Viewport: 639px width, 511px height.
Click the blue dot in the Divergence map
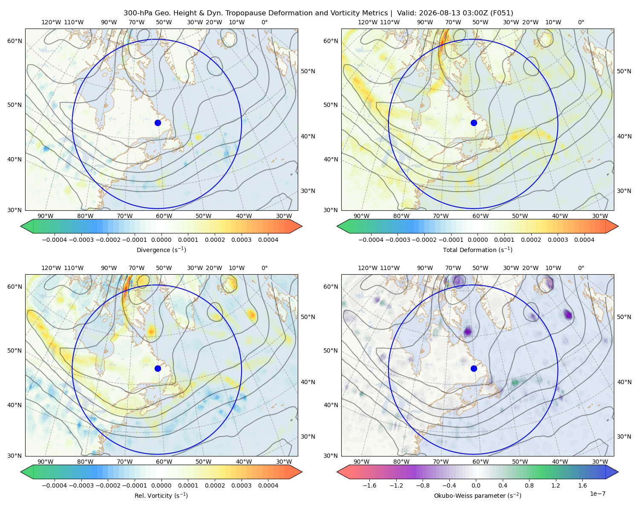coord(158,123)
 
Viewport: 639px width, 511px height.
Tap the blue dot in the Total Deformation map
coord(474,123)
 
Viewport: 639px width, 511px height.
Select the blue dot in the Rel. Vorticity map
coord(158,368)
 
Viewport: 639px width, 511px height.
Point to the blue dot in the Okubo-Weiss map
coord(474,368)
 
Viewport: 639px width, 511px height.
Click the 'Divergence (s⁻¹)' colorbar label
coord(161,250)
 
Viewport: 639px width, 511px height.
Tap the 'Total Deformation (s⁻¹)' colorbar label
coord(478,250)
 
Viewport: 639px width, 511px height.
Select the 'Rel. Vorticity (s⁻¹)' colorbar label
coord(161,495)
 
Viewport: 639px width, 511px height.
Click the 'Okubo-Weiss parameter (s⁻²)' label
coord(478,495)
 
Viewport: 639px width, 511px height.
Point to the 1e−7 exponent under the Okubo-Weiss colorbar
coord(597,494)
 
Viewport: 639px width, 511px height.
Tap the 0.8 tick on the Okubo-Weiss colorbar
coord(529,485)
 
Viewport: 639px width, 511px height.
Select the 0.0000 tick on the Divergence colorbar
coord(161,240)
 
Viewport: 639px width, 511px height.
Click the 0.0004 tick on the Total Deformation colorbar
coord(584,240)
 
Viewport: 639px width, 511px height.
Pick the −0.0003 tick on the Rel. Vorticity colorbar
coord(81,485)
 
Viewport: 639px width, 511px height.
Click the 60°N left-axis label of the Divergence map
coord(14,41)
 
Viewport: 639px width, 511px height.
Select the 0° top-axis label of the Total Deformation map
coord(581,22)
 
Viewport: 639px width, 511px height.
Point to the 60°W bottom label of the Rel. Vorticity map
coord(164,462)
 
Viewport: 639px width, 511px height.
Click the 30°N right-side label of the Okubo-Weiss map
coord(624,436)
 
